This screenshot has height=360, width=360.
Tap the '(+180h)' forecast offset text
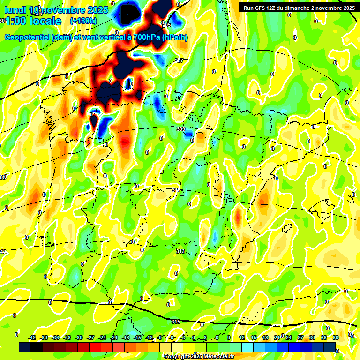click(x=83, y=21)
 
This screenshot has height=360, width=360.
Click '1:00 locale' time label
click(x=33, y=21)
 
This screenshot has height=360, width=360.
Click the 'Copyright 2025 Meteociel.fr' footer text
click(x=199, y=356)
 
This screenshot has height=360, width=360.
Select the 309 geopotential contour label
click(x=180, y=129)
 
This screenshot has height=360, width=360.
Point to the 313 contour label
click(x=180, y=252)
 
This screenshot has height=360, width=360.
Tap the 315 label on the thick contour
click(x=176, y=322)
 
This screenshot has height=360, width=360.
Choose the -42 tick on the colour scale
click(x=32, y=337)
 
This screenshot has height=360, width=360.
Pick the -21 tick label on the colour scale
click(x=114, y=337)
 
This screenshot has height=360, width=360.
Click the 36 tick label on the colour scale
click(x=336, y=337)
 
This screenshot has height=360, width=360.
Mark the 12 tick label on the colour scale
click(x=242, y=337)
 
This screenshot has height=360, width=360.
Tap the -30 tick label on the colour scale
click(x=79, y=337)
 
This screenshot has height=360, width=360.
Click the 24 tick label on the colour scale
click(x=289, y=337)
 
